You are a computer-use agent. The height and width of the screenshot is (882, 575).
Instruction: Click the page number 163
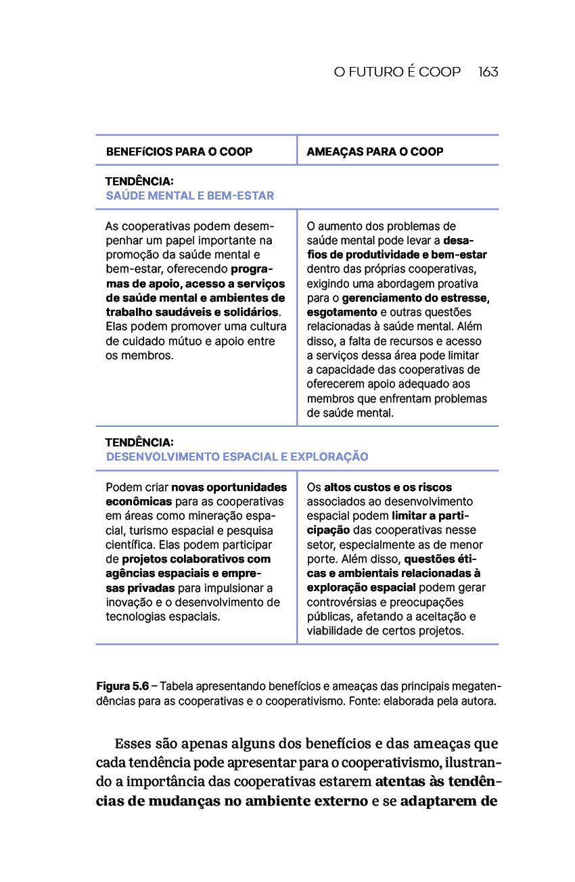(488, 72)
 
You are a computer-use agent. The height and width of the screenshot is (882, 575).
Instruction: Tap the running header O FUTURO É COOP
(397, 72)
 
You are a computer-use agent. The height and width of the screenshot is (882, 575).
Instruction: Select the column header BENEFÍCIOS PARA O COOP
(179, 152)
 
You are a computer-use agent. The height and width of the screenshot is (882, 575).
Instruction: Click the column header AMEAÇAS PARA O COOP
(375, 152)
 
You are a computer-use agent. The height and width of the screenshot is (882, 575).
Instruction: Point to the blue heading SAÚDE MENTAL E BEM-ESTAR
(189, 196)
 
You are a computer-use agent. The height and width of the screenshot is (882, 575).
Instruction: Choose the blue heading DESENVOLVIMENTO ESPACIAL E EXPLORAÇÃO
(237, 457)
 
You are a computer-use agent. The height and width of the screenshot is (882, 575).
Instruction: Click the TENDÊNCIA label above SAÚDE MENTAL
(139, 182)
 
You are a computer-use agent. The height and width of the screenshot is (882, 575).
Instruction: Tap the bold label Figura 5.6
(122, 687)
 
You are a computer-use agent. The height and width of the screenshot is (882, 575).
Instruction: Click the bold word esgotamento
(342, 312)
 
